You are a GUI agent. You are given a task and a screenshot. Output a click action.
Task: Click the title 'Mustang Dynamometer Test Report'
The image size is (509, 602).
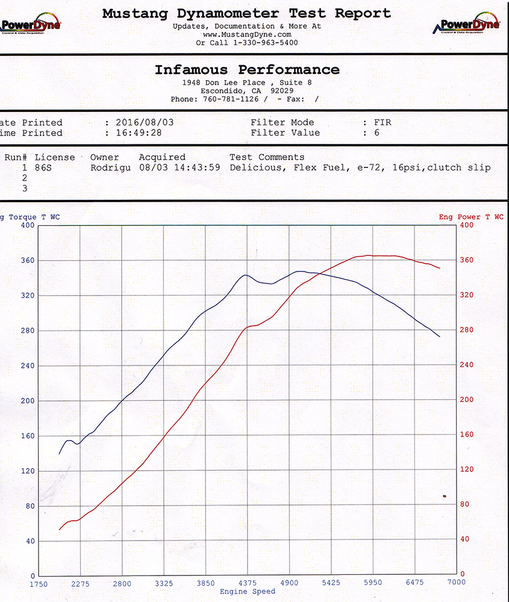tap(246, 13)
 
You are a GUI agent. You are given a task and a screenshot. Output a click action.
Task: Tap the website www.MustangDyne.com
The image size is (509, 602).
tap(247, 35)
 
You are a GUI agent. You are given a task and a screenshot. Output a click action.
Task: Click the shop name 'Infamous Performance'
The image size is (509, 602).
tap(247, 70)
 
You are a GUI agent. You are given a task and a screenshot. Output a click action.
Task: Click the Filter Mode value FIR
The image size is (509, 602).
tap(383, 123)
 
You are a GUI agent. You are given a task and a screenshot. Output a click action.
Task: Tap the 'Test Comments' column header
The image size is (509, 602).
tap(267, 158)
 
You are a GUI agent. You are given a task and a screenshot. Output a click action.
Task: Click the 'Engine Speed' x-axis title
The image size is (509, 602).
tap(248, 592)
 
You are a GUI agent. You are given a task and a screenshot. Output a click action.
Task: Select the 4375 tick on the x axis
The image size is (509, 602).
tap(248, 583)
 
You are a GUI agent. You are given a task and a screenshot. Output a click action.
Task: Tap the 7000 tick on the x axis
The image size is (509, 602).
tap(456, 583)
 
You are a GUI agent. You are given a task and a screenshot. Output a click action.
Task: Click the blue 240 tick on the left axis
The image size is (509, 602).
tap(28, 366)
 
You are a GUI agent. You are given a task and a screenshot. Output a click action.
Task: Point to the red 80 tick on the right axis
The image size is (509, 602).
tap(465, 504)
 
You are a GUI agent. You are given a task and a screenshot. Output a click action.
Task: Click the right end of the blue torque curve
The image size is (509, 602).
tap(440, 337)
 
